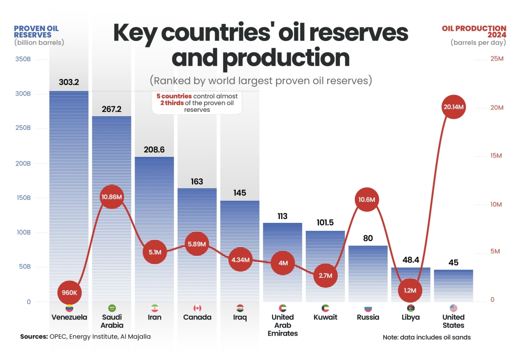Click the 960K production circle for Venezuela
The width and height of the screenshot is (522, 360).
tap(69, 293)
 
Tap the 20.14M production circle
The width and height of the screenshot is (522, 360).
tap(453, 107)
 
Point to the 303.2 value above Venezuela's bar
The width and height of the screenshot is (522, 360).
tap(69, 82)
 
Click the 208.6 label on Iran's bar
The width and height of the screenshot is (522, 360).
tap(154, 149)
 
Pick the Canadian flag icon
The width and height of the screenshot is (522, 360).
tap(197, 308)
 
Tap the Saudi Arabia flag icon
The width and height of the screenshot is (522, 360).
tap(112, 308)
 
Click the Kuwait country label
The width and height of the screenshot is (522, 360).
tap(325, 317)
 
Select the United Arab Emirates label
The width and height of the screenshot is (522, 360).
tap(282, 325)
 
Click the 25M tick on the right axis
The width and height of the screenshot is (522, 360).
tap(496, 59)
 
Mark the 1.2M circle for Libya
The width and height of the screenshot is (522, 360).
tap(410, 290)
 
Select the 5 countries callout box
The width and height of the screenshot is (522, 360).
tap(197, 103)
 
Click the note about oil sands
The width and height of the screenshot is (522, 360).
tap(427, 337)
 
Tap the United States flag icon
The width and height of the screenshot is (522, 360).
tap(453, 308)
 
